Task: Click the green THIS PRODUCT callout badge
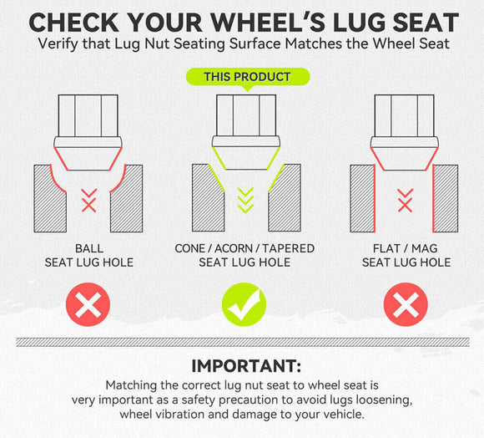click(248, 77)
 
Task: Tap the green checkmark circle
click(245, 304)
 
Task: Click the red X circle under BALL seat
click(88, 304)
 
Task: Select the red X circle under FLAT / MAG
click(406, 304)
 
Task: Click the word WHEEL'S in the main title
click(270, 23)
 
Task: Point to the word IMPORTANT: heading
click(246, 366)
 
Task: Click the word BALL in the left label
click(89, 248)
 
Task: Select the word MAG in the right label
click(425, 248)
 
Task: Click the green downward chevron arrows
click(245, 200)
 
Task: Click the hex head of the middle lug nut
click(246, 115)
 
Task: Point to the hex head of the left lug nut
click(88, 115)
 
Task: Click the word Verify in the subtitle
click(58, 44)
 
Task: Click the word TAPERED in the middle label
click(288, 248)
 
